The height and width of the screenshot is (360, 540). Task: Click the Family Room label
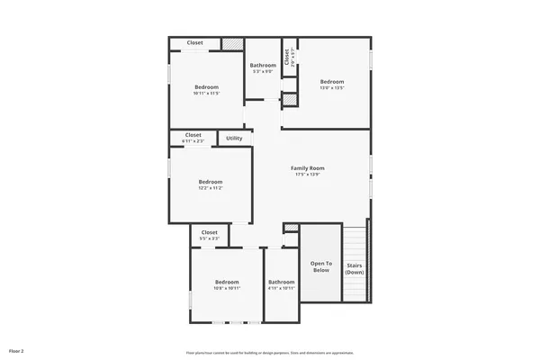coord(307,168)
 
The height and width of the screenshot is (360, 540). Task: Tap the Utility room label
coord(234,139)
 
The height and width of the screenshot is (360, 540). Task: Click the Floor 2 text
coord(16,349)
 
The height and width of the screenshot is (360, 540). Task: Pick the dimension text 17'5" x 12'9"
coord(307,175)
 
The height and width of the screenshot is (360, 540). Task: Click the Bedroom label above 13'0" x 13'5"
coord(332,82)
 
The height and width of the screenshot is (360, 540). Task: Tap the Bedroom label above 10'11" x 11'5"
coord(207,87)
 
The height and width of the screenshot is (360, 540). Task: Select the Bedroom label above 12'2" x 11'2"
coord(211,182)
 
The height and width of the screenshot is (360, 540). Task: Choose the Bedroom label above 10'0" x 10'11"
coord(227,283)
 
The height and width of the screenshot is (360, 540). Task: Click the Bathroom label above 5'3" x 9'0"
coord(263,65)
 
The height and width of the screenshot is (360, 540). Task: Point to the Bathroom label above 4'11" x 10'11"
coord(281,283)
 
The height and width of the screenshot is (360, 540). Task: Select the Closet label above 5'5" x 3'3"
coord(210,232)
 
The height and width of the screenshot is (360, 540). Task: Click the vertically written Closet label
coord(286,57)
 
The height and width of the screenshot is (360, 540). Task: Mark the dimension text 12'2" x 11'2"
coord(211,188)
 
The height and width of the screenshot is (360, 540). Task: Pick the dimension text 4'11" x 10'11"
coord(281,289)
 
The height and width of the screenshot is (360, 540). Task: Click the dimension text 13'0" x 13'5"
coord(332,88)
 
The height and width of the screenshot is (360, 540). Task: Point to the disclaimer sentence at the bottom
coord(270,353)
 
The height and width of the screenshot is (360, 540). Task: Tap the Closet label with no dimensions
coord(194,42)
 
